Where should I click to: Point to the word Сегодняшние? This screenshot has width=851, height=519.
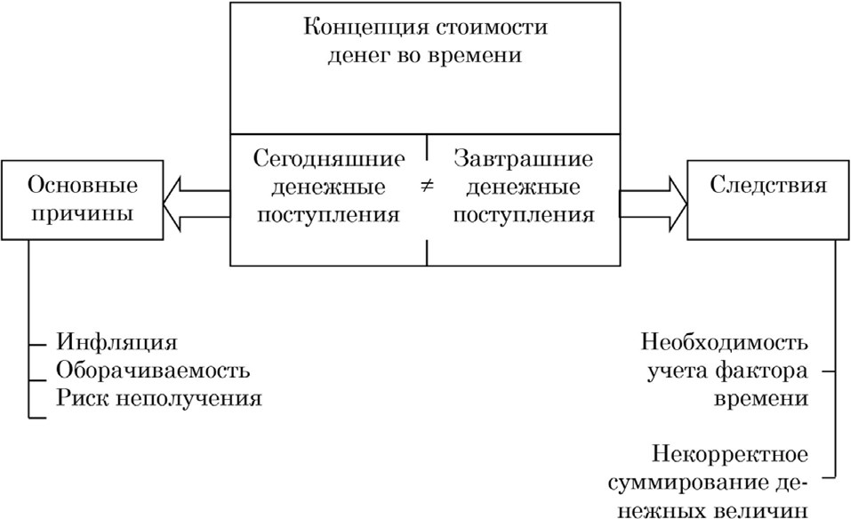coord(329,160)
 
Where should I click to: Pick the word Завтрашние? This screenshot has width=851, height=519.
coord(523,160)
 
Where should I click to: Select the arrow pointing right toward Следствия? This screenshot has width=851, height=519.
coord(654,189)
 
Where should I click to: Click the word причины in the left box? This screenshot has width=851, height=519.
coord(83,214)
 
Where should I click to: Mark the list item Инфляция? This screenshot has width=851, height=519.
coord(116,342)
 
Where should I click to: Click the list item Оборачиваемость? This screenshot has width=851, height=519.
coord(153,370)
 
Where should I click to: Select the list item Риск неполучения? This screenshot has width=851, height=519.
coord(159,397)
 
